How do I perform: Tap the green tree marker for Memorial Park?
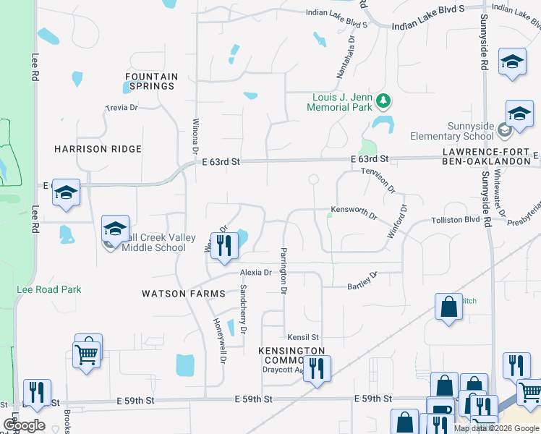click(x=386, y=101)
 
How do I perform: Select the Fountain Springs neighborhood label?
click(x=151, y=81)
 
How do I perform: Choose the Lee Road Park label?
click(x=49, y=289)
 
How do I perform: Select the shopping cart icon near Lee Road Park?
click(x=87, y=354)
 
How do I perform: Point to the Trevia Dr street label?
click(x=122, y=108)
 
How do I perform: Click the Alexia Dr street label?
click(x=255, y=273)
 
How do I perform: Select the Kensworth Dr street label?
click(x=354, y=211)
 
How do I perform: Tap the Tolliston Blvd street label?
click(x=456, y=219)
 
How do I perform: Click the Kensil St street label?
click(x=303, y=338)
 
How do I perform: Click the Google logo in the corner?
click(x=24, y=425)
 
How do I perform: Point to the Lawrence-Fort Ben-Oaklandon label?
click(x=492, y=156)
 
